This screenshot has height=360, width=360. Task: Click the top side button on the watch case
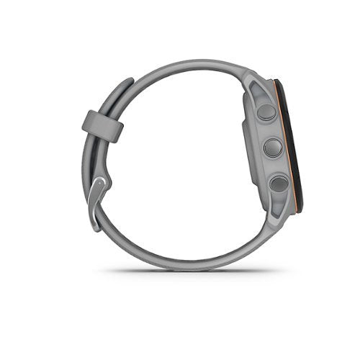click(x=266, y=112)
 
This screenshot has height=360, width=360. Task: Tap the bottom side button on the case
click(x=278, y=184)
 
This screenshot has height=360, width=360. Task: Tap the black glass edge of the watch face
click(x=301, y=144)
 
